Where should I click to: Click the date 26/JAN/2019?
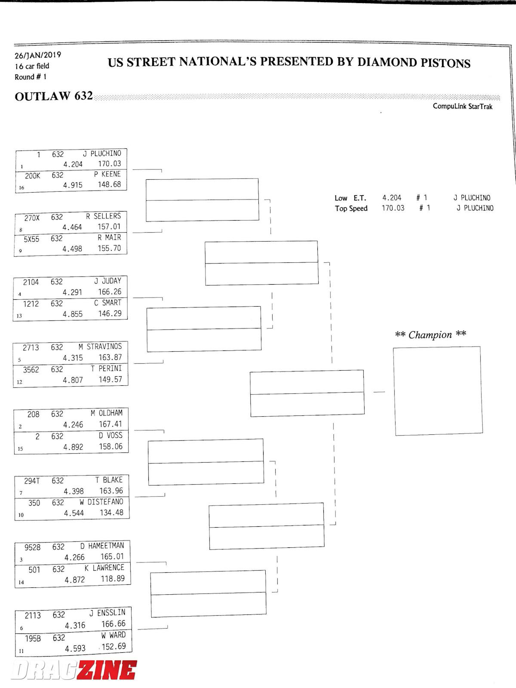click(38, 55)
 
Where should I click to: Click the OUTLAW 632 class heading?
click(54, 96)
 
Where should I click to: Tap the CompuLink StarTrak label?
click(462, 106)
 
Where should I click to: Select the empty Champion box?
click(438, 391)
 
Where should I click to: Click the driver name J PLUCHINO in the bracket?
click(102, 154)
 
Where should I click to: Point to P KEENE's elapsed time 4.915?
click(73, 185)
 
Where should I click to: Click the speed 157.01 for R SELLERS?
click(109, 227)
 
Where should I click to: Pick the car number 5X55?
click(31, 239)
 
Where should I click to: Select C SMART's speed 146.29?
click(110, 314)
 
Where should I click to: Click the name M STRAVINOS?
click(100, 347)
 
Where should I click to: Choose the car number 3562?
click(31, 370)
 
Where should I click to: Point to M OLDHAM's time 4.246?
click(73, 425)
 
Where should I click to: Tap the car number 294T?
click(32, 481)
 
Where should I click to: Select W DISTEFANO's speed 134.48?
click(111, 513)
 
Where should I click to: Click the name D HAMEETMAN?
click(102, 546)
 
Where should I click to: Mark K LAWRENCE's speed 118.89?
click(113, 579)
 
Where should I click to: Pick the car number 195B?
click(33, 639)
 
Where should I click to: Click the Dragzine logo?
click(74, 670)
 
